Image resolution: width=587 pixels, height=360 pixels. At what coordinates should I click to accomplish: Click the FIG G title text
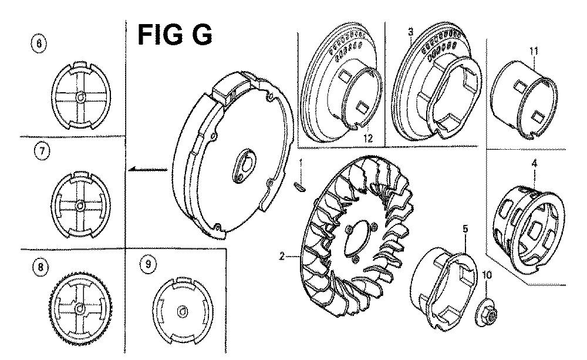point(175,35)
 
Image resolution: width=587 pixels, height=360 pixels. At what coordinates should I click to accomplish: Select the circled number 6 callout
point(39,43)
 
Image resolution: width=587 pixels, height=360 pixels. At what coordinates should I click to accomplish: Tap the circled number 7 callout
point(42,152)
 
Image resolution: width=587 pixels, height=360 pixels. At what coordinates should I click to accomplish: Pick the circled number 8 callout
point(41,267)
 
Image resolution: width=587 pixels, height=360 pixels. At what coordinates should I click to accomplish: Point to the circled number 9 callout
point(149,264)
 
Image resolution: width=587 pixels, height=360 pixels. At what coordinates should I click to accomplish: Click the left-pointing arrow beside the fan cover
point(147,170)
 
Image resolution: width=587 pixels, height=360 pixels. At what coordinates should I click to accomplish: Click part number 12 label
point(368,138)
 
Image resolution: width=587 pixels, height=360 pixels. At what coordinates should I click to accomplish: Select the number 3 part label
point(411,32)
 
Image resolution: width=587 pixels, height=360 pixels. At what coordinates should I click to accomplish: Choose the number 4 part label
point(534,163)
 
